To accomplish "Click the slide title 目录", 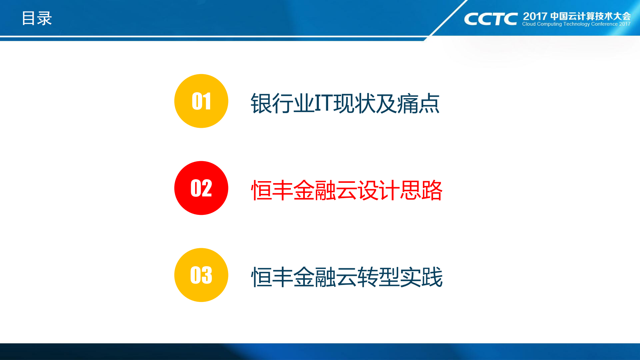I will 37,18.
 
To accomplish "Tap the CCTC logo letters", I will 491,19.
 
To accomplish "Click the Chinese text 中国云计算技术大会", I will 590,16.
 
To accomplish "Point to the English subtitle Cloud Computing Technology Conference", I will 570,24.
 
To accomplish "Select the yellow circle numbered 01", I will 201,101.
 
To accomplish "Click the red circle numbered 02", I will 201,188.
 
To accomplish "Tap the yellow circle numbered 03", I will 201,275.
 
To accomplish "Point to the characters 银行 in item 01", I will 271,103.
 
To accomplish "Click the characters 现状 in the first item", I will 355,103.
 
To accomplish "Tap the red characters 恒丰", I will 272,191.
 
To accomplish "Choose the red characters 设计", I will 379,191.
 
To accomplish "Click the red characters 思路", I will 421,191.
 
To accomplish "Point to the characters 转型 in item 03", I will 379,277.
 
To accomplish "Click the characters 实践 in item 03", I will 421,277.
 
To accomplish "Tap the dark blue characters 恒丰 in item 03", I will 272,277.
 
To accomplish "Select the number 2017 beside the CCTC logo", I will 535,16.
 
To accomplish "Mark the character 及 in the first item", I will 387,103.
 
